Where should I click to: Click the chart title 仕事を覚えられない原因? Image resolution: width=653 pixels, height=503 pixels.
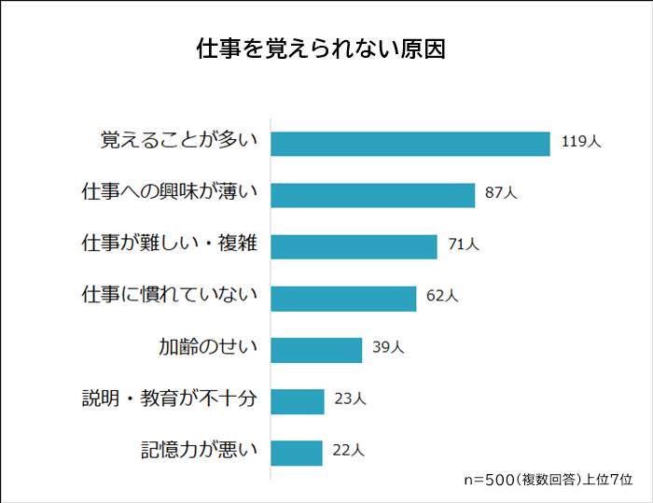click(x=321, y=49)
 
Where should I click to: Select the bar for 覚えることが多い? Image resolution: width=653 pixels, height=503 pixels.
click(x=410, y=143)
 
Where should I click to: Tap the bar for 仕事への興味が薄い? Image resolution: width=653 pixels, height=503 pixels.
click(x=373, y=194)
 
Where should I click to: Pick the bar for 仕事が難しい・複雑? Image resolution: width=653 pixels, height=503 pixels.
click(x=354, y=245)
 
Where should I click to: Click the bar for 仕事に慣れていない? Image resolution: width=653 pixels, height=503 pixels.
click(x=343, y=298)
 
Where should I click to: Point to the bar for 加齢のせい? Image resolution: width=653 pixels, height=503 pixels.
click(x=316, y=349)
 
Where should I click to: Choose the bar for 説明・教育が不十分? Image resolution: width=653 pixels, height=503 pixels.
click(x=298, y=401)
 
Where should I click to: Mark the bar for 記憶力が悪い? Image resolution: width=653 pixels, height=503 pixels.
click(x=297, y=453)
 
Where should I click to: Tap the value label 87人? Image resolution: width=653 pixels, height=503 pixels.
click(x=501, y=193)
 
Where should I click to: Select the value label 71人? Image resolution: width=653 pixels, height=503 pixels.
click(x=464, y=245)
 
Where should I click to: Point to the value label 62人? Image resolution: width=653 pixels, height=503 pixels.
click(x=442, y=297)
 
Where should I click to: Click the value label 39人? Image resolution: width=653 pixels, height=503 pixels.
click(x=388, y=348)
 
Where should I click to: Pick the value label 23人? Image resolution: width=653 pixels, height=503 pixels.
click(x=350, y=399)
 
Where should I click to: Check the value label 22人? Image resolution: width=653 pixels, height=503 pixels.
click(x=348, y=452)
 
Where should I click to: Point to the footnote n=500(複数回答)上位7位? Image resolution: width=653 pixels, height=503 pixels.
click(x=549, y=480)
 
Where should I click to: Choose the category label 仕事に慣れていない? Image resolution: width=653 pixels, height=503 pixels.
click(x=170, y=297)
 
